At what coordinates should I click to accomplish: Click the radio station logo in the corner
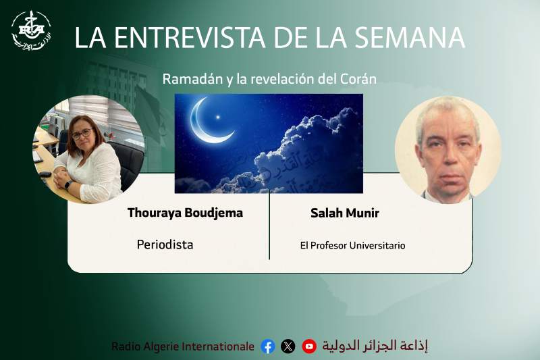[x=31, y=30]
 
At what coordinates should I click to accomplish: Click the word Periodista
[x=165, y=245]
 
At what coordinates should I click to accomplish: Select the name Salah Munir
[x=344, y=213]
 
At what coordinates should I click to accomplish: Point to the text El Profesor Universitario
[x=352, y=245]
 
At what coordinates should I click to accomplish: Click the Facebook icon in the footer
[x=268, y=346]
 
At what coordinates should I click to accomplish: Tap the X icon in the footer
[x=288, y=346]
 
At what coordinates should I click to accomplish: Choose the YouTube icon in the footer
[x=309, y=346]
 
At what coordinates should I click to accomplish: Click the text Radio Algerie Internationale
[x=183, y=346]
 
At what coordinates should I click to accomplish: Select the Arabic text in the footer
[x=375, y=346]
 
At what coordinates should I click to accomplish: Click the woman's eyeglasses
[x=82, y=134]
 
